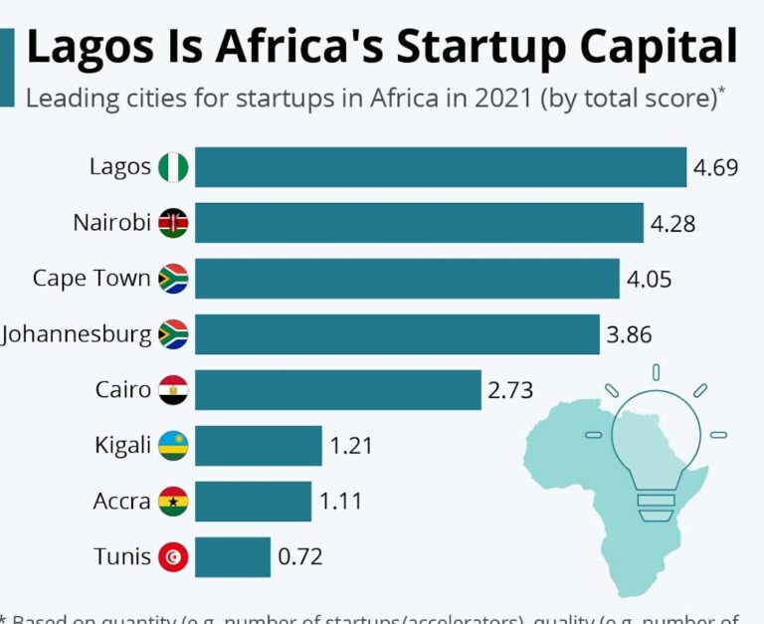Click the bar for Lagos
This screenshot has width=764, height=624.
(x=440, y=167)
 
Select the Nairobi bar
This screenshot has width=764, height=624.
(x=419, y=223)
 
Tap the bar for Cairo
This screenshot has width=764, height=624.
(x=337, y=389)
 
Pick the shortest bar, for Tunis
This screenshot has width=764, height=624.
(x=232, y=556)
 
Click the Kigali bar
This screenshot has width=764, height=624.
(x=258, y=445)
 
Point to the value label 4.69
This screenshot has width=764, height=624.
(x=716, y=167)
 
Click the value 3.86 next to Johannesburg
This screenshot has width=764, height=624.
(x=630, y=334)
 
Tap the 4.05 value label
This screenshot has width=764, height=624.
(x=649, y=279)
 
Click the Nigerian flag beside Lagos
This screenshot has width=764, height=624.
(x=173, y=167)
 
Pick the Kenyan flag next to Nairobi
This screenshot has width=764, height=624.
(x=173, y=223)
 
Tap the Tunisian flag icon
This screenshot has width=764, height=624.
(x=173, y=557)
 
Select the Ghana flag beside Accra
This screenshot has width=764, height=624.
(x=173, y=502)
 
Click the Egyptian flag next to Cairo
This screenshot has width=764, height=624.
(x=173, y=389)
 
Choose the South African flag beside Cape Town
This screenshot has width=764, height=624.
(x=173, y=279)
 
